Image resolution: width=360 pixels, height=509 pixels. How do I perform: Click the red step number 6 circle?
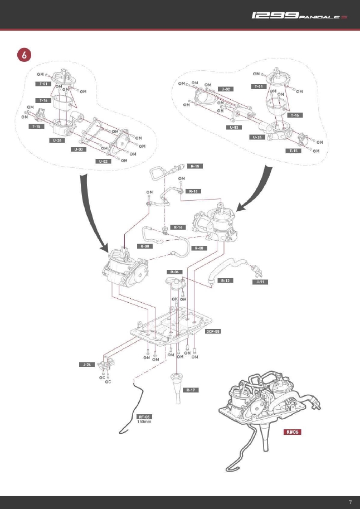[x=24, y=55]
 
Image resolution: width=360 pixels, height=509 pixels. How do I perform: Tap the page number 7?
[x=350, y=502]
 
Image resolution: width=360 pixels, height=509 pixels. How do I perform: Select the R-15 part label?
[x=196, y=166]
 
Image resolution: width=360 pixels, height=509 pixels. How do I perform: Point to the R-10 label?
[x=194, y=191]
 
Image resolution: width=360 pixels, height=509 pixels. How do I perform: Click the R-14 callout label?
[x=178, y=227]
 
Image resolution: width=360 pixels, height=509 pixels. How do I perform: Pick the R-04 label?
[x=175, y=272]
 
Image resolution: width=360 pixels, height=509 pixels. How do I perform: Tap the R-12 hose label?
[x=226, y=280]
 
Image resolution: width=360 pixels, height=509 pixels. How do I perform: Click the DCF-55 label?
[x=213, y=331]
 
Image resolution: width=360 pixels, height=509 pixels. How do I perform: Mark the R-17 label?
[x=191, y=390]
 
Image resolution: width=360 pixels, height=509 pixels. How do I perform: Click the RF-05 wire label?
[x=144, y=416]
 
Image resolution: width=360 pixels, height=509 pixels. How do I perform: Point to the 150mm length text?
[x=144, y=421]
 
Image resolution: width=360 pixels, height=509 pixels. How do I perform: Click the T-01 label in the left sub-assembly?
[x=43, y=84]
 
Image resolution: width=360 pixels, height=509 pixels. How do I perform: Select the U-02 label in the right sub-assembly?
[x=226, y=89]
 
